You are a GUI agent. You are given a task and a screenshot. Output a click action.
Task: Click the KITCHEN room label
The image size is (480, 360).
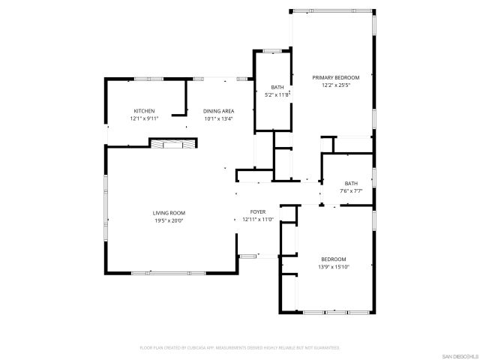[x=144, y=111]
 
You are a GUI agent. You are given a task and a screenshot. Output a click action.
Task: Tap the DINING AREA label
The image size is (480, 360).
[x=218, y=111]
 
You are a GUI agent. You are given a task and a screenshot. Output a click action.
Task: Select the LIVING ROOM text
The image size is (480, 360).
[x=169, y=213]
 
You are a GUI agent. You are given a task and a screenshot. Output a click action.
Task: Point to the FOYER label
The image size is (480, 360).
[x=258, y=212]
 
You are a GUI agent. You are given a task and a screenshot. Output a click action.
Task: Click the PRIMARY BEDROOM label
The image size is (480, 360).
[x=336, y=77]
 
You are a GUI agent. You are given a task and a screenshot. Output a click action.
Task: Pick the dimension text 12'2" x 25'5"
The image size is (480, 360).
[x=336, y=85]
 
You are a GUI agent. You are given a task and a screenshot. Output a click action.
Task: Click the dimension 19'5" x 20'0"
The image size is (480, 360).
[x=169, y=220]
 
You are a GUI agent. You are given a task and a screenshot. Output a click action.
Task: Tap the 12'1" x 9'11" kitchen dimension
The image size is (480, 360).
[x=144, y=118]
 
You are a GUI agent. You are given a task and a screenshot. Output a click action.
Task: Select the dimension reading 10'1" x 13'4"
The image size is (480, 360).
[x=218, y=118]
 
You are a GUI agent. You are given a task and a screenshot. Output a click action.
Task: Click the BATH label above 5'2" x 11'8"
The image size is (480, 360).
[x=277, y=88]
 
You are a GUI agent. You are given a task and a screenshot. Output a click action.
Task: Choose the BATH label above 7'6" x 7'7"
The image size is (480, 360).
[x=351, y=184]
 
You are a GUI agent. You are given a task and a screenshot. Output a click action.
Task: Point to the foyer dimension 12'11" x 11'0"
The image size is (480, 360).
[x=258, y=220]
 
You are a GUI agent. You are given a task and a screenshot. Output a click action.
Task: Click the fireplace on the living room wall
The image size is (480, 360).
[x=167, y=144]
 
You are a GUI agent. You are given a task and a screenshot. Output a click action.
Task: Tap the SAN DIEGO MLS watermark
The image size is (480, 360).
[x=457, y=355]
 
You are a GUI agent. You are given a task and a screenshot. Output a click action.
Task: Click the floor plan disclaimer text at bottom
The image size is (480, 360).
[x=240, y=348]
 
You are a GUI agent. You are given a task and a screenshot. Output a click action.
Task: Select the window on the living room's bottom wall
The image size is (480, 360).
[x=170, y=272]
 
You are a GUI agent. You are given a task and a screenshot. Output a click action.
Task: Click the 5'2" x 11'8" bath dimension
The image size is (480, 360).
[x=277, y=95]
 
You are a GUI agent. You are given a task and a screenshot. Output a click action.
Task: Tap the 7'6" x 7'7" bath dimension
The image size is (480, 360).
[x=351, y=191]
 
